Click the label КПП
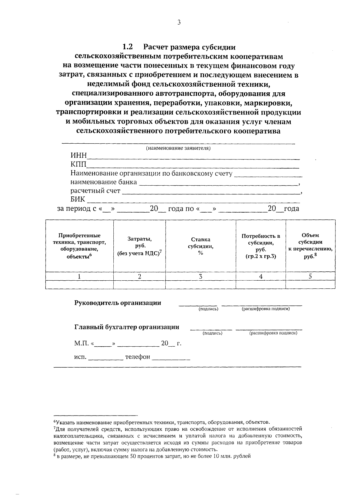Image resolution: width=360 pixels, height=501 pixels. pos(78,164)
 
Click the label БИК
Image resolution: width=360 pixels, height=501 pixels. pos(78,199)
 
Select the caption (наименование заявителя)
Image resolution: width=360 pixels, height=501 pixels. pos(178,148)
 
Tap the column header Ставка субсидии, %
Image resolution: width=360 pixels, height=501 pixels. pos(200,246)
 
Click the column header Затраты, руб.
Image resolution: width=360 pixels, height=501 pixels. pos(139,246)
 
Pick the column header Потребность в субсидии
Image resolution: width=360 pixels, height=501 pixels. pos(261,246)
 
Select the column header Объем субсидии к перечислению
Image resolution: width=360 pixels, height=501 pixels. pos(310,246)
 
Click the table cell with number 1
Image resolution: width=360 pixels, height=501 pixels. pos(79,276)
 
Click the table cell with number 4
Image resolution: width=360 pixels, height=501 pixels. pos(261,276)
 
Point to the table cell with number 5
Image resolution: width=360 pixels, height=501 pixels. pos(310,276)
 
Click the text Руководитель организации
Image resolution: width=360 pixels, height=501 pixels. pos(118,303)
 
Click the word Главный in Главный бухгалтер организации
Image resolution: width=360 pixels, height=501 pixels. pos(87,327)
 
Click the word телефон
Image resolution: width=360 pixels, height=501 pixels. pos(137,357)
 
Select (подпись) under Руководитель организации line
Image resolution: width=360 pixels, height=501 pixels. pos(208,309)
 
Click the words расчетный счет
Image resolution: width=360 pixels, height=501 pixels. pos(95,191)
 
